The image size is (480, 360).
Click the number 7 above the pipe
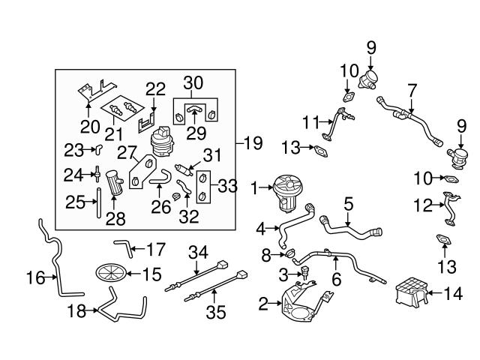(x=411, y=88)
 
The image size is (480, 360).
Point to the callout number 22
(x=155, y=88)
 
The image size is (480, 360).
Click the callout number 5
(x=348, y=203)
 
